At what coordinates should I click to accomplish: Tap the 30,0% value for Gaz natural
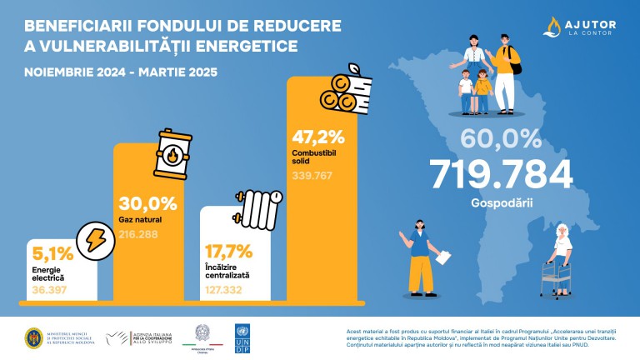coord(147,203)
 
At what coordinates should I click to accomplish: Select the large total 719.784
coord(501,173)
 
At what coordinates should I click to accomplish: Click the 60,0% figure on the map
coord(501,136)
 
